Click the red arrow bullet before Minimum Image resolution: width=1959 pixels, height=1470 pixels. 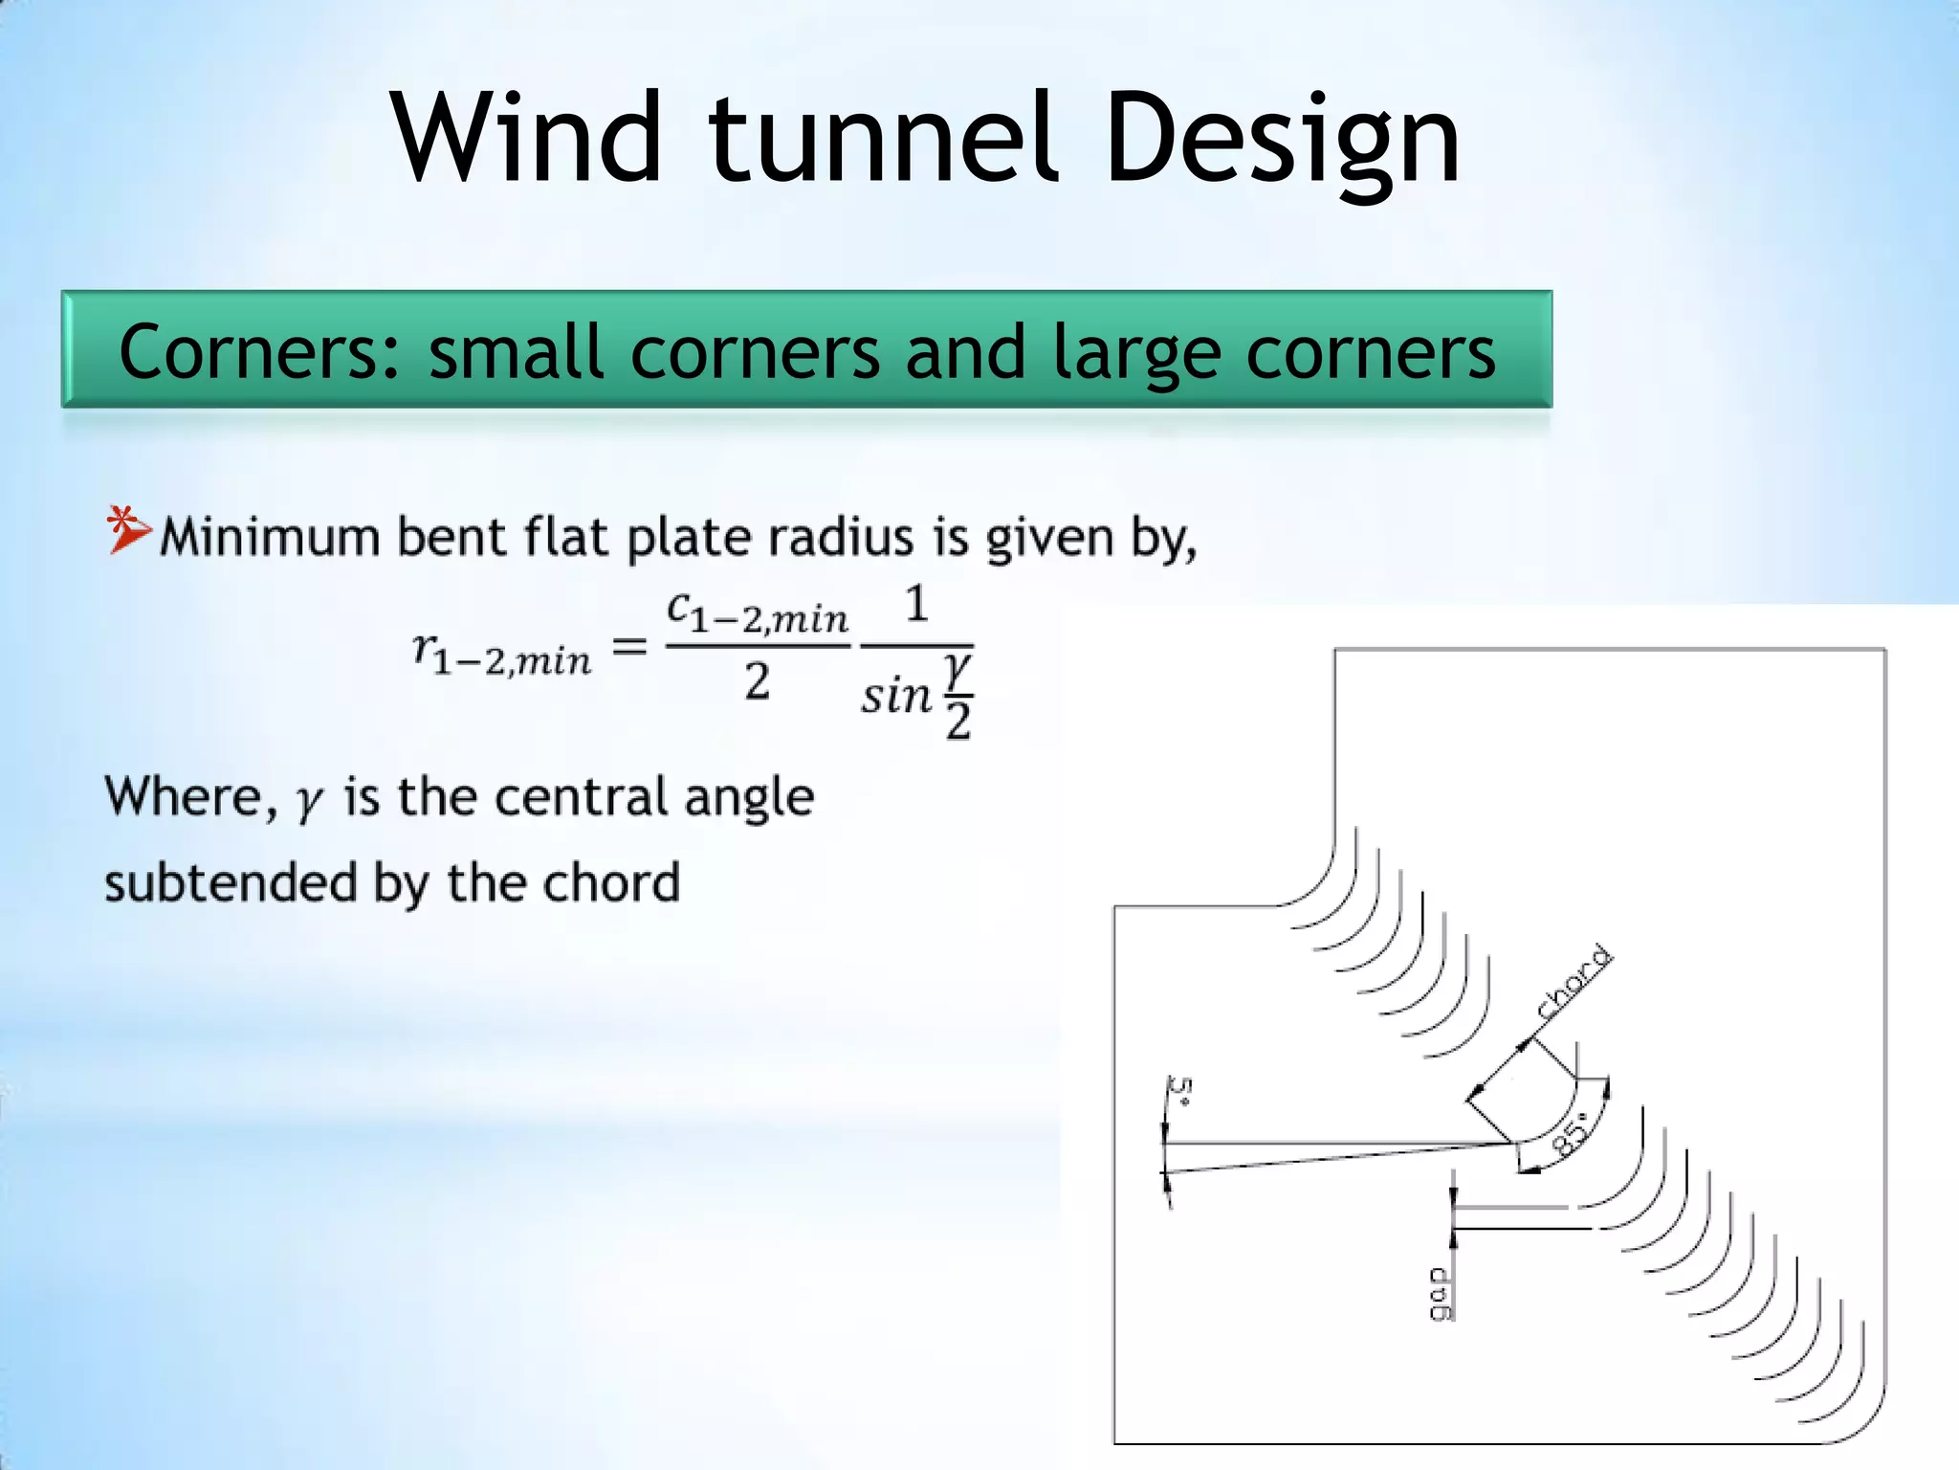tap(128, 529)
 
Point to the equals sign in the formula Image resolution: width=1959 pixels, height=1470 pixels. tap(629, 648)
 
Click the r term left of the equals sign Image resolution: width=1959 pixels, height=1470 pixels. tap(501, 655)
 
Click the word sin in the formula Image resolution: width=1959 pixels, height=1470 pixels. tap(895, 695)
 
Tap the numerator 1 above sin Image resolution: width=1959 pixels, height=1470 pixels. tap(916, 605)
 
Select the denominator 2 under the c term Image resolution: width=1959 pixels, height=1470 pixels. tap(757, 682)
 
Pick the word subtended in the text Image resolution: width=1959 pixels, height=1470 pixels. tap(230, 882)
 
